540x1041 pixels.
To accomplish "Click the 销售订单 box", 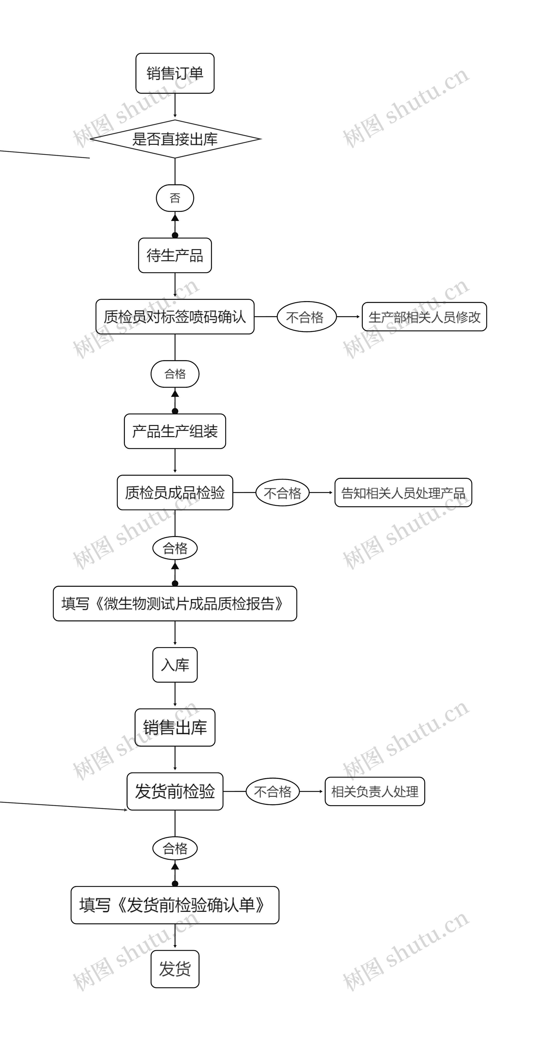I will (x=175, y=73).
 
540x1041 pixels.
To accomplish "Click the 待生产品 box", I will (x=175, y=255).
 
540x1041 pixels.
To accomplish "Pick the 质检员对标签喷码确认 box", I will (x=175, y=317).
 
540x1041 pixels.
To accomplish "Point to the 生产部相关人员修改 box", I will (x=424, y=317).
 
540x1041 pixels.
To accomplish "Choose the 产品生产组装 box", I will (x=175, y=431).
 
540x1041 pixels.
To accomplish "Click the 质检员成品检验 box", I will (x=175, y=493).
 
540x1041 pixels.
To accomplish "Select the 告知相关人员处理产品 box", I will (x=403, y=493).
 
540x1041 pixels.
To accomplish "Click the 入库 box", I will (x=175, y=665).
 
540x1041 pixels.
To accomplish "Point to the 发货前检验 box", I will (x=175, y=791).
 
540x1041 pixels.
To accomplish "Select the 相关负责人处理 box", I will (x=375, y=791).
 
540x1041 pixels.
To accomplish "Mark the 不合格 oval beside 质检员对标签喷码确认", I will (x=306, y=317).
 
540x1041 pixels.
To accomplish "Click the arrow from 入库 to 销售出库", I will (x=175, y=695).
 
